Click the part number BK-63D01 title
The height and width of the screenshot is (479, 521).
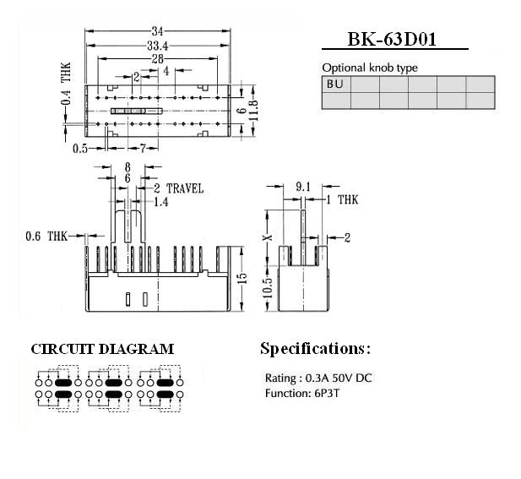pos(395,40)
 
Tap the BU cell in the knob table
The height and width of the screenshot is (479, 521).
pos(335,84)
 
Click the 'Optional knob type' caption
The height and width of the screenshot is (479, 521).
pos(370,68)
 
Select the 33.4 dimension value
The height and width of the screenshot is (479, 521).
pos(157,45)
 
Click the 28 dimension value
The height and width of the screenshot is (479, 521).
pos(157,58)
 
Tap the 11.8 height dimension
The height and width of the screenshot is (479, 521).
pos(252,111)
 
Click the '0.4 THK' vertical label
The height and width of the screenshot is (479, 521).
pos(67,85)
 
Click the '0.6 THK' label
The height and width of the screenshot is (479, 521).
pos(45,236)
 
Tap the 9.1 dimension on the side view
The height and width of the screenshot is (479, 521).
pos(303,186)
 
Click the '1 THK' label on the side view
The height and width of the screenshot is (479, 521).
pos(343,200)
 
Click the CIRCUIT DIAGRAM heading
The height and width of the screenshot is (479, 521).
pos(102,349)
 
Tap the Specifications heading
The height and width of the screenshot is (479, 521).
pos(315,348)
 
